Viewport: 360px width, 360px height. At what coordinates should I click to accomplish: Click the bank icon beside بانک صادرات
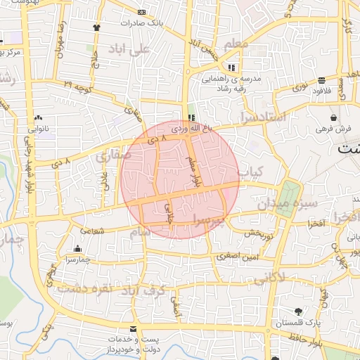pyautogui.click(x=142, y=13)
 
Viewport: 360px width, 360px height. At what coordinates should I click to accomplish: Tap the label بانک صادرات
pyautogui.click(x=142, y=22)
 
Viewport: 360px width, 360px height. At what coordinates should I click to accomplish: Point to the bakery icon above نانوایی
pyautogui.click(x=38, y=118)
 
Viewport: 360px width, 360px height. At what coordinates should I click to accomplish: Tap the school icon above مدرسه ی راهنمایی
pyautogui.click(x=232, y=67)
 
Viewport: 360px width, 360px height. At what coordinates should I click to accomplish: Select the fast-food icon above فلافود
pyautogui.click(x=321, y=80)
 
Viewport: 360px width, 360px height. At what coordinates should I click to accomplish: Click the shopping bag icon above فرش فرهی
pyautogui.click(x=333, y=117)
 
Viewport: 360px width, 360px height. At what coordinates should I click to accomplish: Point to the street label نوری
pyautogui.click(x=300, y=86)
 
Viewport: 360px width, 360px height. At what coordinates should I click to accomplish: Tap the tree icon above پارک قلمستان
pyautogui.click(x=300, y=311)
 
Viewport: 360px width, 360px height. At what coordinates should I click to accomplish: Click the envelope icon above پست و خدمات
pyautogui.click(x=133, y=329)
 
